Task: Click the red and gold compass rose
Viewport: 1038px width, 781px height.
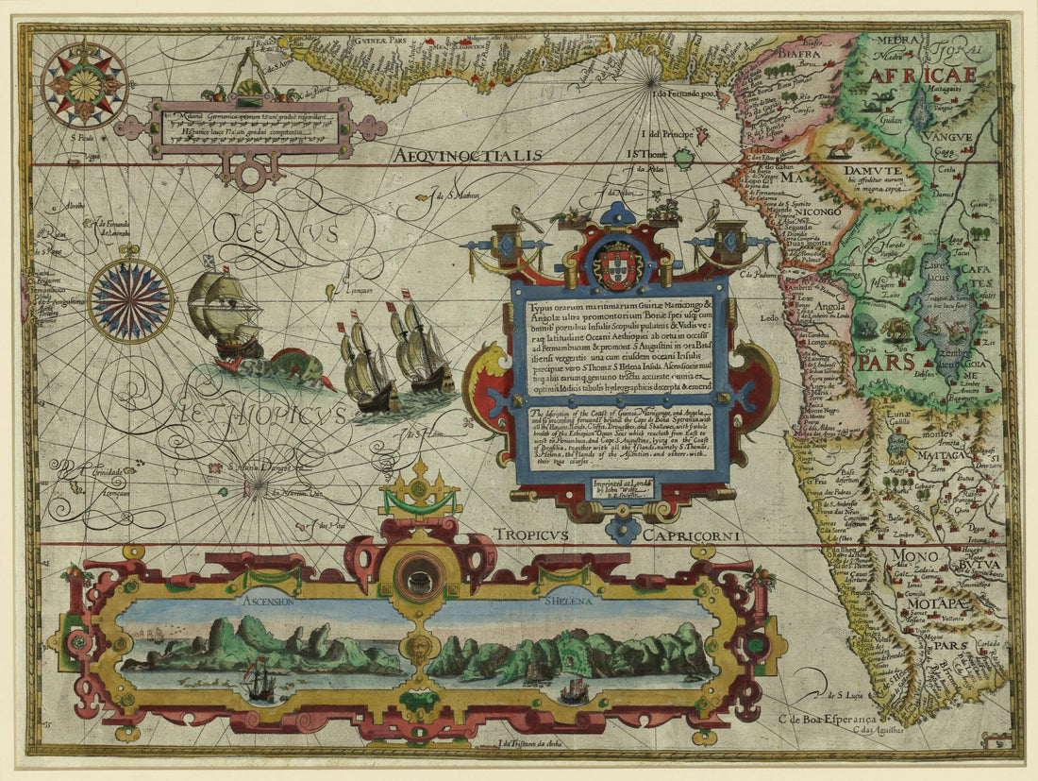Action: [84, 85]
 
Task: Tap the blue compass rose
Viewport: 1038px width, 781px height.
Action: [130, 300]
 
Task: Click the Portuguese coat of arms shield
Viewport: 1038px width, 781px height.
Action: [619, 265]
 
